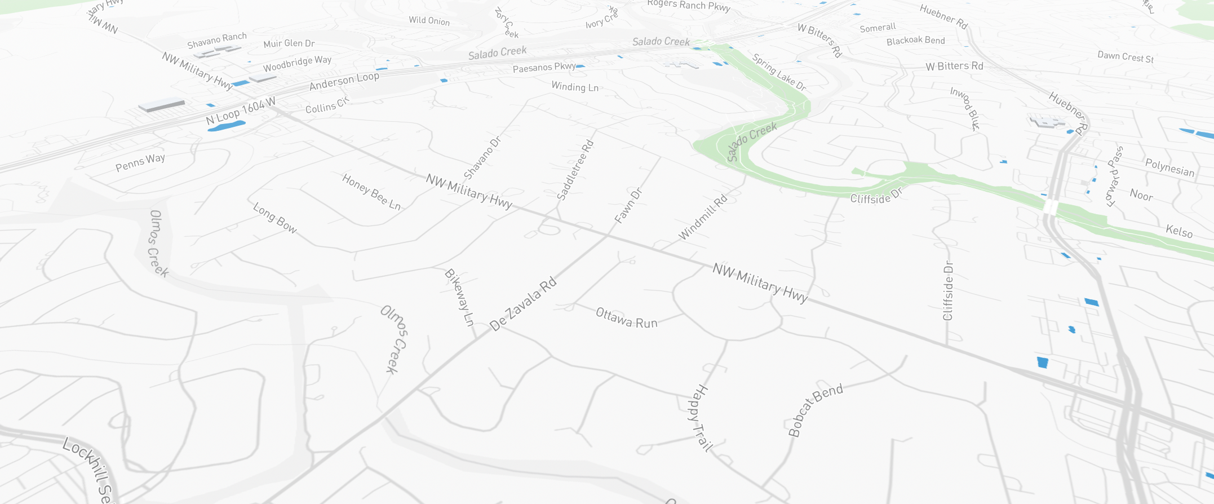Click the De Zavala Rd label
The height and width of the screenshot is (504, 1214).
click(523, 304)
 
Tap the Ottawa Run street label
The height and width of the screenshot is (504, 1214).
click(627, 318)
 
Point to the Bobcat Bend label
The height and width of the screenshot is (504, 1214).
click(815, 410)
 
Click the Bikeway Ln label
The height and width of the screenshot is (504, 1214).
click(459, 297)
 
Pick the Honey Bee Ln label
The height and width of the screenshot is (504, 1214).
click(371, 192)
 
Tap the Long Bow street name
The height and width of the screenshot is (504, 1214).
click(274, 218)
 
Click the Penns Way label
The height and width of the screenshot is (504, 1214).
click(140, 162)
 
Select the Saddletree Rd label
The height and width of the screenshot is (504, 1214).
click(575, 170)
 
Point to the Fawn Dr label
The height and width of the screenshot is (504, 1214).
click(628, 206)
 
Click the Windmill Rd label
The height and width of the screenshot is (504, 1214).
click(703, 218)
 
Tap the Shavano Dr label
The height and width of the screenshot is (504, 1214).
click(482, 158)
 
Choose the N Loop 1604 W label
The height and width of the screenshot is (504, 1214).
click(241, 112)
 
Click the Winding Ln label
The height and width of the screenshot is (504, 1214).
click(575, 87)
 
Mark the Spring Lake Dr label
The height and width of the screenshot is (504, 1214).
click(779, 72)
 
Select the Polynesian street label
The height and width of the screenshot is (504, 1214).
click(1169, 167)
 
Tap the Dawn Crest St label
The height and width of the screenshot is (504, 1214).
click(1126, 57)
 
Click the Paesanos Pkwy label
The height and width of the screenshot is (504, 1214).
click(544, 68)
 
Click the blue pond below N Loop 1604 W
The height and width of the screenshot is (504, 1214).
click(226, 126)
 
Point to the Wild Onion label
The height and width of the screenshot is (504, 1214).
click(429, 21)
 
